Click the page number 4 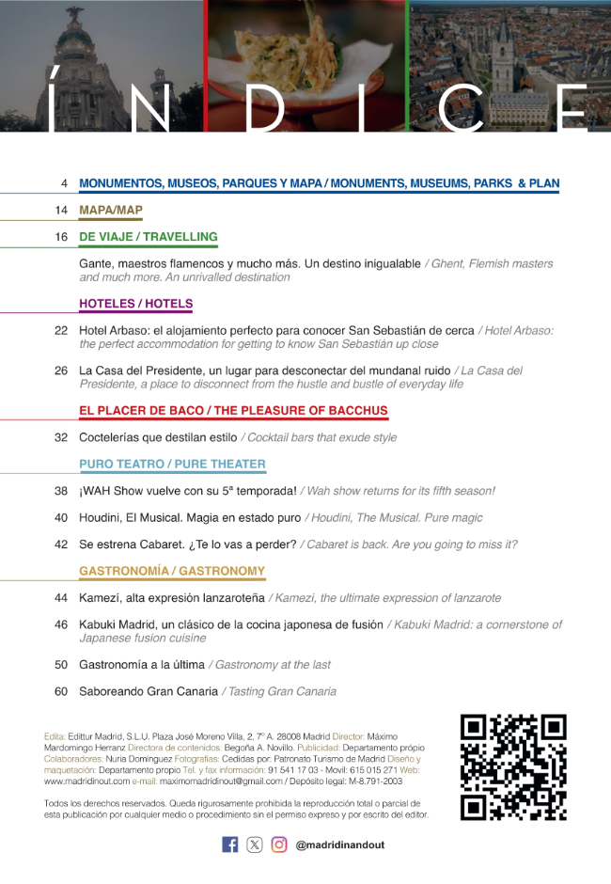click(x=63, y=182)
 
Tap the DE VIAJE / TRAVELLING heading click(x=149, y=237)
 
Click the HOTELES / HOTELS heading click(x=135, y=304)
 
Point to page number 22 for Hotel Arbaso click(x=61, y=330)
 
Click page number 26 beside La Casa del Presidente click(x=61, y=371)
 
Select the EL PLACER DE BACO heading click(x=233, y=411)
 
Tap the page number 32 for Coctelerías click(x=61, y=437)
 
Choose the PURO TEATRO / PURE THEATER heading click(x=172, y=464)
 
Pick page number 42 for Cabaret click(x=61, y=544)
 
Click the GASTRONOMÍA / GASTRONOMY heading click(x=172, y=571)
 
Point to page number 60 click(x=61, y=691)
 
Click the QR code click(x=513, y=767)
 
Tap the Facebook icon click(x=229, y=845)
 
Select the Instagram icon click(x=279, y=845)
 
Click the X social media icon click(x=255, y=845)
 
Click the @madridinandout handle click(x=339, y=845)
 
